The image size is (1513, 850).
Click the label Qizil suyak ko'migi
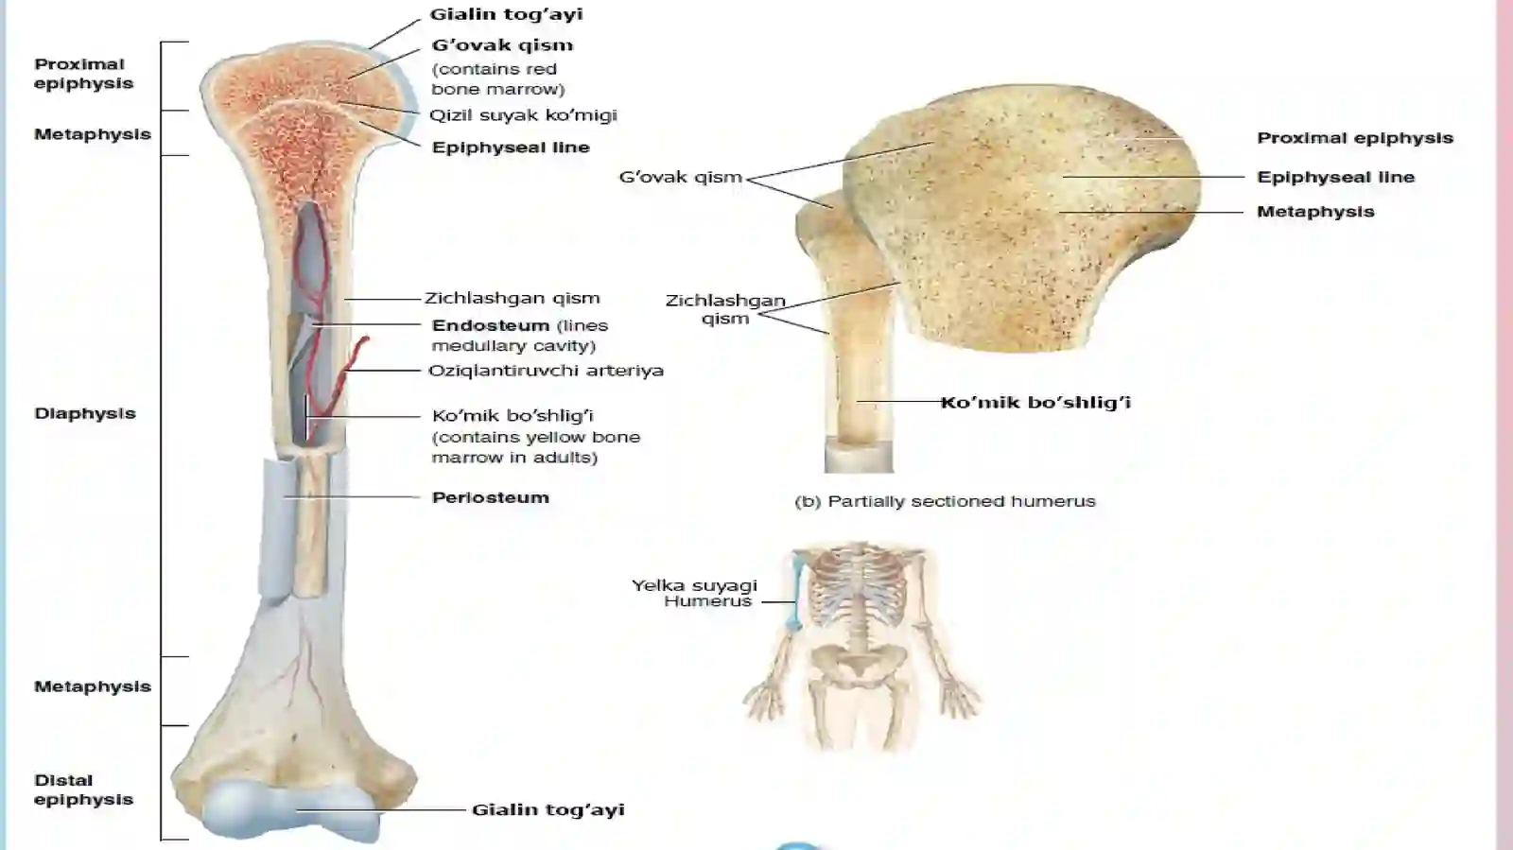pos(523,115)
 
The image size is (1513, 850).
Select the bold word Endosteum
pos(491,325)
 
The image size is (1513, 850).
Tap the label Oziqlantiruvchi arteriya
pos(546,371)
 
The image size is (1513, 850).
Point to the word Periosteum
pos(491,497)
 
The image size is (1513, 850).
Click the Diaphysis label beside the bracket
pos(85,413)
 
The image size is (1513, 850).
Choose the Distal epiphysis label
pos(84,789)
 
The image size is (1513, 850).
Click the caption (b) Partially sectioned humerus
pos(945,502)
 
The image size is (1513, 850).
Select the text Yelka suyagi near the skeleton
pos(694,584)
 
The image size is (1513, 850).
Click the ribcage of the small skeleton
pos(858,586)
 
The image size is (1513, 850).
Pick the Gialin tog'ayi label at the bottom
pos(548,809)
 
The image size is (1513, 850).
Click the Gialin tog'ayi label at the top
pos(506,14)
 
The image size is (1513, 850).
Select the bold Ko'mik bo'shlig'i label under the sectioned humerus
pos(1035,403)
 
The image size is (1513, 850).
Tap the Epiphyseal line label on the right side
pos(1335,178)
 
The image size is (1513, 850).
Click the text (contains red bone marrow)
pos(497,79)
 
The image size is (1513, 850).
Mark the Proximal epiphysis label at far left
pos(84,74)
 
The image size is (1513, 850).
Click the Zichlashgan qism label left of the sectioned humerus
pos(725,309)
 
